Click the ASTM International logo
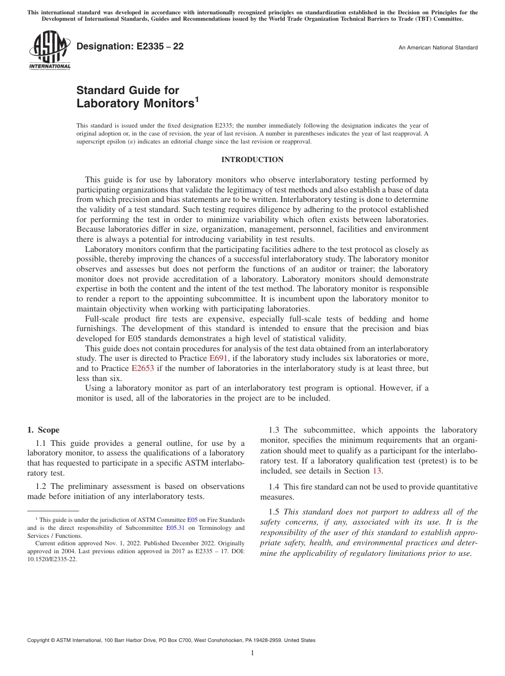coord(49,50)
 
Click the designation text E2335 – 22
coord(130,46)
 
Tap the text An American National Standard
coord(437,48)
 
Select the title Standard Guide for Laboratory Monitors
coord(135,97)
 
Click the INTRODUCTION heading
coord(252,160)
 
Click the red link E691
coord(219,358)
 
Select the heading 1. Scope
coord(43,430)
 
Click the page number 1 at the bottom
coord(252,653)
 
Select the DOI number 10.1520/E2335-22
coord(52,560)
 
